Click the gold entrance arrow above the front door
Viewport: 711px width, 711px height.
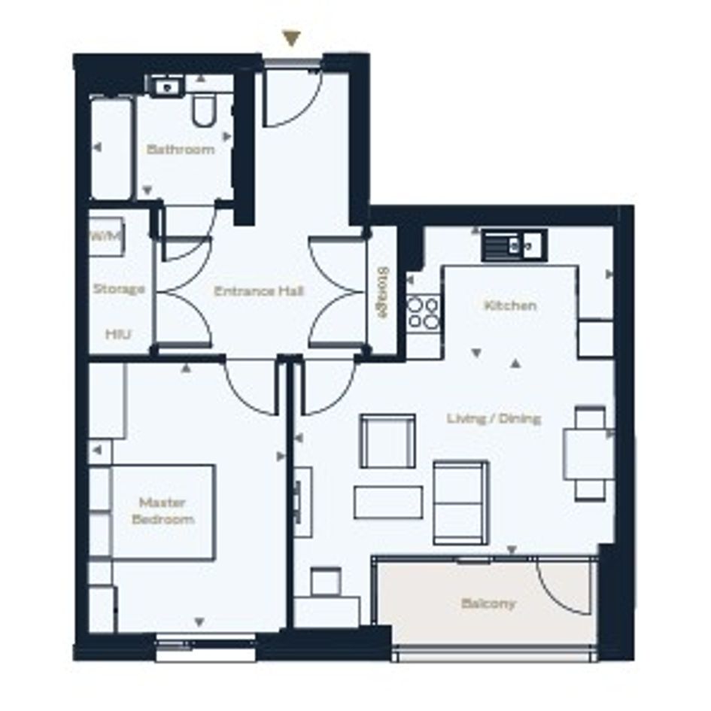(x=292, y=38)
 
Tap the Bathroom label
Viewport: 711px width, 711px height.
(x=181, y=149)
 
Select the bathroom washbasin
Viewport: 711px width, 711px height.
(x=166, y=87)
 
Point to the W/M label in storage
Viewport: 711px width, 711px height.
(x=107, y=235)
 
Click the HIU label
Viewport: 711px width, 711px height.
(x=118, y=334)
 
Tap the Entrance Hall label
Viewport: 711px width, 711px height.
(x=259, y=291)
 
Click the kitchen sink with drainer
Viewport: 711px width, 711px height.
(x=515, y=245)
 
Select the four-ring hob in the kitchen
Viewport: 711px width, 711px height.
(x=423, y=313)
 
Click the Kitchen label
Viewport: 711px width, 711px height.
(x=511, y=305)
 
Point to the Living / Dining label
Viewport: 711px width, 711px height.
(x=494, y=418)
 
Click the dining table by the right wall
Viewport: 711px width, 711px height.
(x=588, y=454)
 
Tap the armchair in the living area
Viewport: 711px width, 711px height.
(x=387, y=441)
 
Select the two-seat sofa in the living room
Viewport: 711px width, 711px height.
(x=460, y=503)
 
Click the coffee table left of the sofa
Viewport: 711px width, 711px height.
(x=388, y=502)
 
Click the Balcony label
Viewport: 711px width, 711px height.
(x=488, y=603)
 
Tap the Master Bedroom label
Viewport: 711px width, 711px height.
(x=163, y=511)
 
